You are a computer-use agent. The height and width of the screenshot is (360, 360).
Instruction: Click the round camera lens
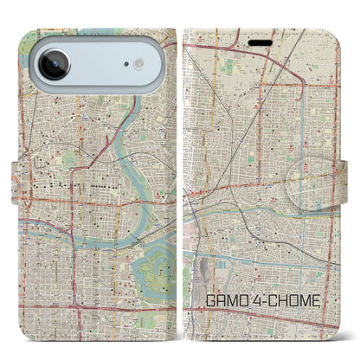coord(54,65)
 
